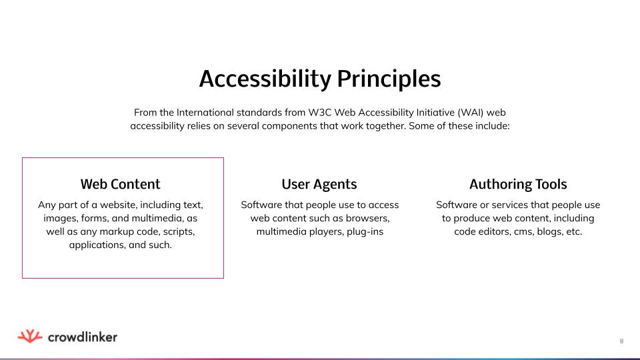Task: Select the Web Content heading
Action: tap(120, 184)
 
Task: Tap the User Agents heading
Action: tap(319, 184)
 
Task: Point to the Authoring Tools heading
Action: tap(518, 184)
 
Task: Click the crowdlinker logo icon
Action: tap(30, 337)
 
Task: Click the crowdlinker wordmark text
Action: tap(83, 337)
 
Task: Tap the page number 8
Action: tap(621, 341)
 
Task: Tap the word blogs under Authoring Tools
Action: tap(544, 232)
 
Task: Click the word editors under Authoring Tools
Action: tap(482, 232)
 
